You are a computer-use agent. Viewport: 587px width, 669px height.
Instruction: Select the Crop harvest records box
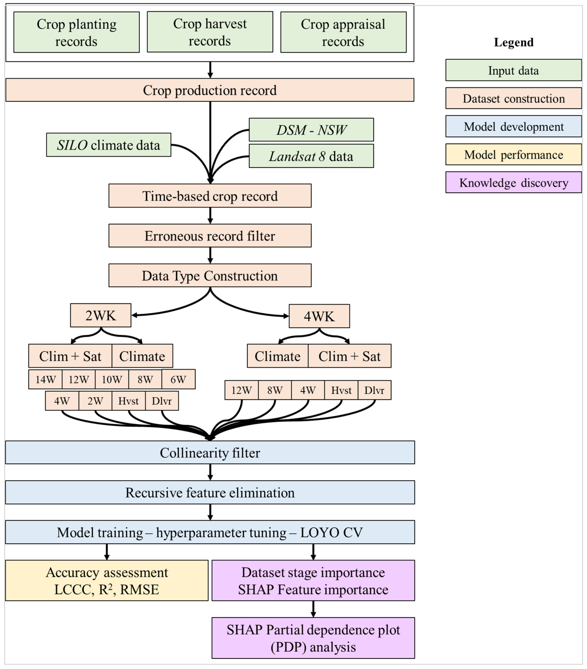click(x=210, y=32)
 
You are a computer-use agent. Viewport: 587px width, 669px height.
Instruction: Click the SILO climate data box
click(x=109, y=145)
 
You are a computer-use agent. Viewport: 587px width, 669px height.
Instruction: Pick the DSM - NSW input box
click(x=311, y=130)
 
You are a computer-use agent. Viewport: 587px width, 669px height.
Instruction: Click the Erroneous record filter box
click(x=210, y=236)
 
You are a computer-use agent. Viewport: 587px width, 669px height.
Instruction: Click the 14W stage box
click(x=45, y=379)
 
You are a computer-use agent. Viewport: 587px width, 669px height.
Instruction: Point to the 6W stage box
click(x=178, y=379)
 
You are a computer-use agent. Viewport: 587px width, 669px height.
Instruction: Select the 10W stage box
click(x=112, y=379)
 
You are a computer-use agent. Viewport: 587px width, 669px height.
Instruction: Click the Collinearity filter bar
click(x=210, y=453)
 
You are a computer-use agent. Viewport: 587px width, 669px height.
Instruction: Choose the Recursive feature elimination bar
click(x=210, y=493)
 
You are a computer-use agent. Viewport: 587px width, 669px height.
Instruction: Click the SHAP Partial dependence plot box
click(x=313, y=638)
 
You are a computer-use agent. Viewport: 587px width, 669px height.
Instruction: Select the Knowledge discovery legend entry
click(x=513, y=182)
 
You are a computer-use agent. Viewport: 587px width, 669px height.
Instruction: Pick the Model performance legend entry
click(x=513, y=155)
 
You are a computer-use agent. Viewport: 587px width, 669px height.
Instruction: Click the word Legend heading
click(x=513, y=42)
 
